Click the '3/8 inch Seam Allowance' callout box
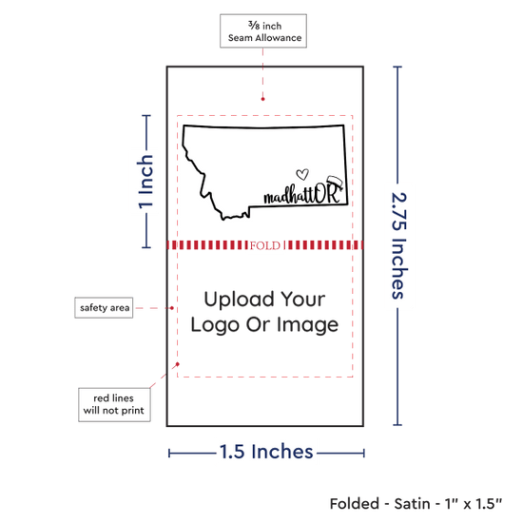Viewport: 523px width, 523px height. coord(263,31)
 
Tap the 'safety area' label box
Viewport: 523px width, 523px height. coord(104,307)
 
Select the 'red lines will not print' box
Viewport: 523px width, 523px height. coord(114,404)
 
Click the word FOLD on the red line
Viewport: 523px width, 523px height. coord(265,246)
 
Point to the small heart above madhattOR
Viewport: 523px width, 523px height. coord(302,174)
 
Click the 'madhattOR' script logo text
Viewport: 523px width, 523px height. coord(302,194)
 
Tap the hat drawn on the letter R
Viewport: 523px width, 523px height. coord(335,183)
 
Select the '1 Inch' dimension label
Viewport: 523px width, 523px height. coord(145,183)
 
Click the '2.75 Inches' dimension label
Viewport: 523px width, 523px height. coord(398,245)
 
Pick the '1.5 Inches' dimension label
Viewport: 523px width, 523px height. coord(266,452)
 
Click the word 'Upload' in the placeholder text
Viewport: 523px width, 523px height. coord(239,300)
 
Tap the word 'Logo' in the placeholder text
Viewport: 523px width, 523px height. coord(215,325)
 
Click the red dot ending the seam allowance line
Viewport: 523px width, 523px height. coord(262,99)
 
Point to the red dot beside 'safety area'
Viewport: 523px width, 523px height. coord(172,308)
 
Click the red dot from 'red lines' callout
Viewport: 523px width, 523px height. coord(178,364)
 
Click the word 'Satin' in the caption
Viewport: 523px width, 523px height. coord(412,504)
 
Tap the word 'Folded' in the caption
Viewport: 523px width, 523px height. coord(355,504)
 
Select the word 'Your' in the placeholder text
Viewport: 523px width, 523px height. coord(302,300)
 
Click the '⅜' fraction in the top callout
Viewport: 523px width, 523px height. coord(254,25)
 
